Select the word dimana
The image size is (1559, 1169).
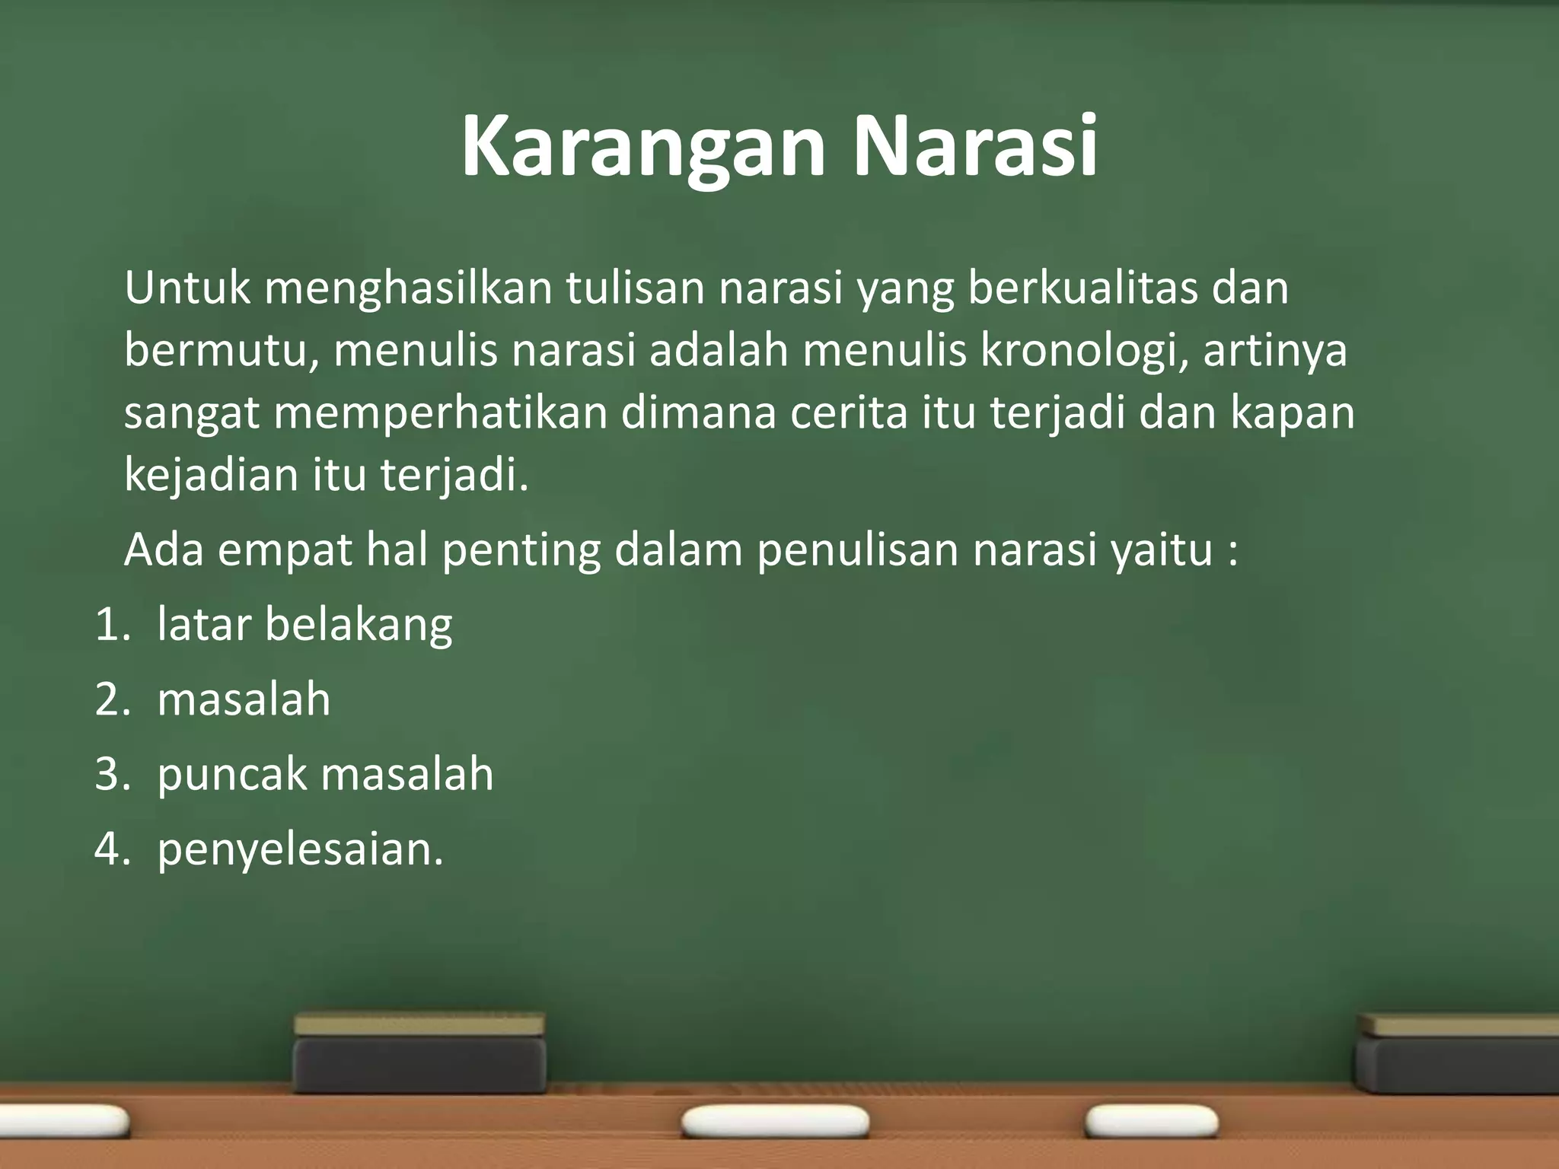(x=698, y=412)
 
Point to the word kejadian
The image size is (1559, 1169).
(x=210, y=475)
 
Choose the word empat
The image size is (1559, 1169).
(x=285, y=551)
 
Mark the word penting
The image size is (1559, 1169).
(x=521, y=551)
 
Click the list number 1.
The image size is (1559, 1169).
(x=112, y=625)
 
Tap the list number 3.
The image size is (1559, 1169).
(x=112, y=774)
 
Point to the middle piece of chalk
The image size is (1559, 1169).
(x=775, y=1122)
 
